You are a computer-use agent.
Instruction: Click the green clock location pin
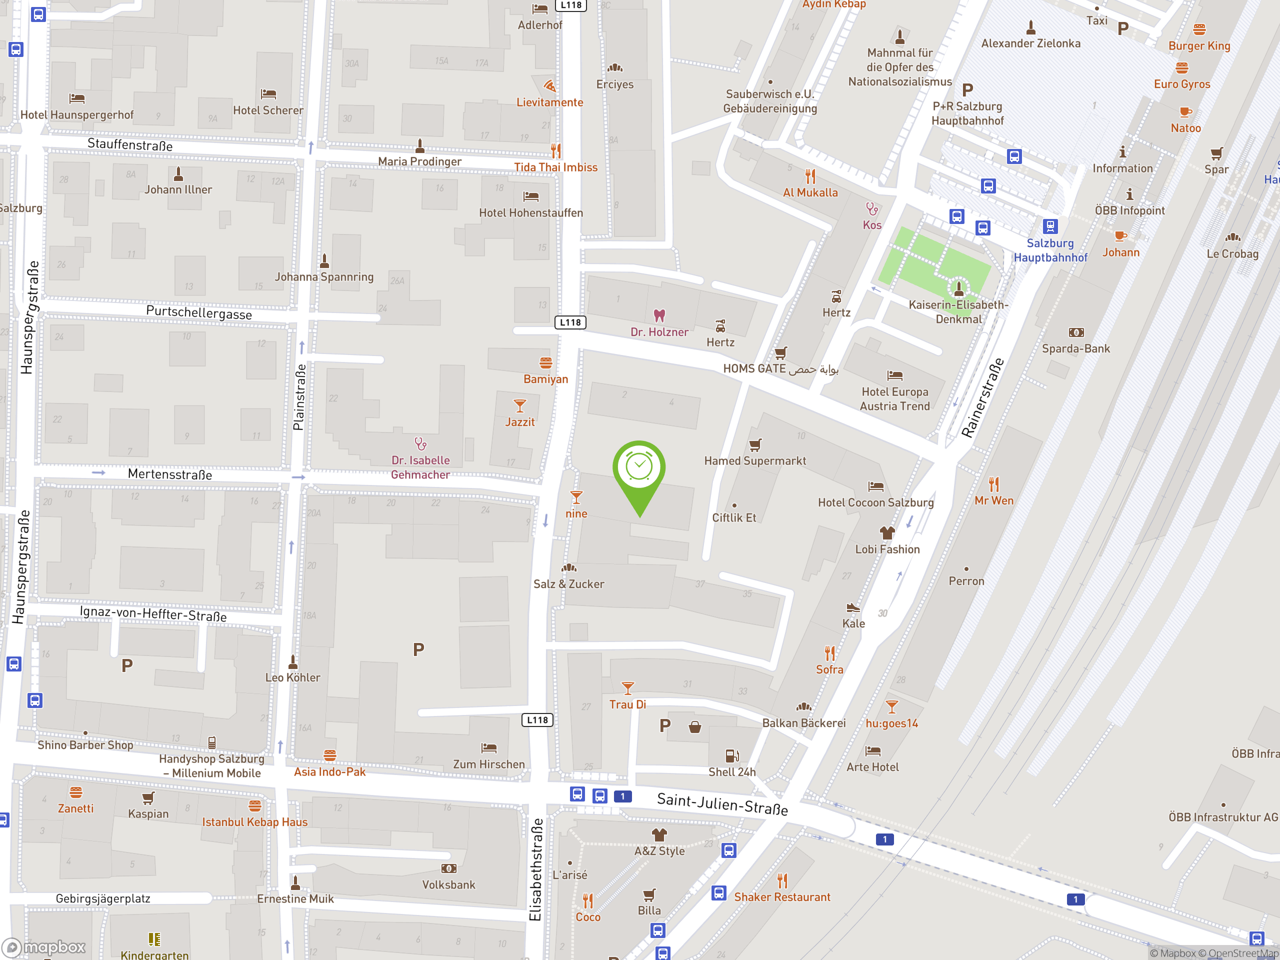639,472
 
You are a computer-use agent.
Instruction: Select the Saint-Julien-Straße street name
722,804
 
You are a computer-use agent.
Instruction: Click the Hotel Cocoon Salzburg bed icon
875,486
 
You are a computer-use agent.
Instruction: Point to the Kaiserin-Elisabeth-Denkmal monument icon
958,287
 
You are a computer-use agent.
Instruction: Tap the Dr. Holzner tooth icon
659,315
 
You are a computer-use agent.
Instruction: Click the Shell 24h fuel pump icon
731,755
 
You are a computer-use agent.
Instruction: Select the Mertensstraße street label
169,474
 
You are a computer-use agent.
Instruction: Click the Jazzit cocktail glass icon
519,405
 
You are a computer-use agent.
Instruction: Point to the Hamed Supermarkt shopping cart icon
755,444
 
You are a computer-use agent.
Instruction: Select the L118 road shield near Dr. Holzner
570,322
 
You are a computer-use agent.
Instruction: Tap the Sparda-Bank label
1075,348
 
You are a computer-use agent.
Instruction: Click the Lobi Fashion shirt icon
887,532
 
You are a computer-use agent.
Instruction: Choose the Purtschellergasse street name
198,312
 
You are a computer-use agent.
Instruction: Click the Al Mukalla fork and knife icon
810,176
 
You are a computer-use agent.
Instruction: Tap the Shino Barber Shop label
85,744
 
